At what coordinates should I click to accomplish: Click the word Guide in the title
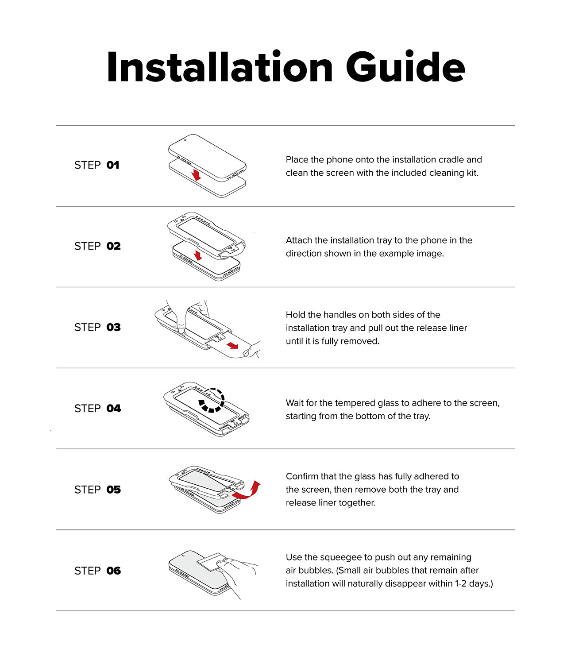pyautogui.click(x=405, y=67)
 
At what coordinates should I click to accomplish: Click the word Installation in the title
pyautogui.click(x=220, y=67)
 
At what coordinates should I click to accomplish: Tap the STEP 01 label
pyautogui.click(x=96, y=165)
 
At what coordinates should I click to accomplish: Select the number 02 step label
pyautogui.click(x=113, y=246)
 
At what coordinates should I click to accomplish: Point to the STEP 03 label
pyautogui.click(x=97, y=328)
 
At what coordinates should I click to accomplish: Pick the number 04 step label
pyautogui.click(x=113, y=409)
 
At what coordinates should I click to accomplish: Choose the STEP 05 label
pyautogui.click(x=97, y=490)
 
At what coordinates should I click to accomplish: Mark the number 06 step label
pyautogui.click(x=113, y=571)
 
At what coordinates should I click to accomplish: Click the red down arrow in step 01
pyautogui.click(x=197, y=175)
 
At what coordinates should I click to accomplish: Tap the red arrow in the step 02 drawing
pyautogui.click(x=198, y=255)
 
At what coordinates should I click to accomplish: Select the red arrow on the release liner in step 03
pyautogui.click(x=232, y=345)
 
